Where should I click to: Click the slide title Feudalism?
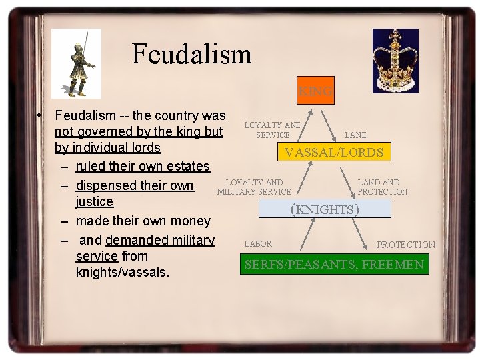191,53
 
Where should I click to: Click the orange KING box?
315,90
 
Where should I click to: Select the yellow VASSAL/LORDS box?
334,153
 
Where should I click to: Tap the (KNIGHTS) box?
325,209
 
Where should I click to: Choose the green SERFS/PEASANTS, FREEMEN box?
334,265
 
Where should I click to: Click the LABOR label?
258,244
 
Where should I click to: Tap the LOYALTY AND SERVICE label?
273,130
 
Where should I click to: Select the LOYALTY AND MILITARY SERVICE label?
254,187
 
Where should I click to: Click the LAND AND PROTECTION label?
382,187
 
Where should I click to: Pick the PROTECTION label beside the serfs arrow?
406,245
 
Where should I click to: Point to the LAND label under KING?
356,135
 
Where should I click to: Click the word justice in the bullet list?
95,202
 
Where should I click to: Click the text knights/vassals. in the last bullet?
123,273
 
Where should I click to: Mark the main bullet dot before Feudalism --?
41,116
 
